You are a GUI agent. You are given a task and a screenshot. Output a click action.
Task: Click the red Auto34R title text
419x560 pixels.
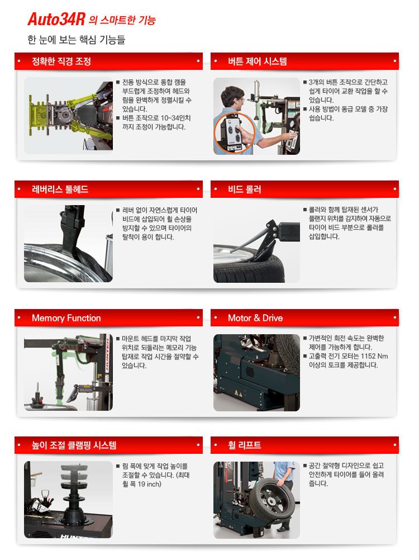[56, 20]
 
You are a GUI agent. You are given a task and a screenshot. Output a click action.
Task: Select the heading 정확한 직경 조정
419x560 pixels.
[61, 61]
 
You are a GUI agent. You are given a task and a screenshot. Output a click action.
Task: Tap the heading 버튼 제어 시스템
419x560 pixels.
[258, 61]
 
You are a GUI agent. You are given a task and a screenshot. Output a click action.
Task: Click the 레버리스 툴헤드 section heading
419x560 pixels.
[60, 189]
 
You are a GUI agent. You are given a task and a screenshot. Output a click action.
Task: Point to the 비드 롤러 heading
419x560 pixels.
[245, 189]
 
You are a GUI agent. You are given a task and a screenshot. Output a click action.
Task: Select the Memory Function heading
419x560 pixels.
[66, 318]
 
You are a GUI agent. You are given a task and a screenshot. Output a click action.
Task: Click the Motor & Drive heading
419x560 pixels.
[255, 318]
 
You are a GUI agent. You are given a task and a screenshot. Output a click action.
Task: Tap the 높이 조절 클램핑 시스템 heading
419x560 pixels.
[74, 445]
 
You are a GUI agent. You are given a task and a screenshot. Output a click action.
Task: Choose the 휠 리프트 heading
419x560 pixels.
[245, 445]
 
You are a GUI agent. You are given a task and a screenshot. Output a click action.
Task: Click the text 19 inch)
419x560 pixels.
[150, 484]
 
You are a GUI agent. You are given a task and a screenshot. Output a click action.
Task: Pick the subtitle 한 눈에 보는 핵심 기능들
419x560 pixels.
[77, 40]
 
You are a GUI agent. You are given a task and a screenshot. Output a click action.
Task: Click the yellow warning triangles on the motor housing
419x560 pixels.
[239, 393]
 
